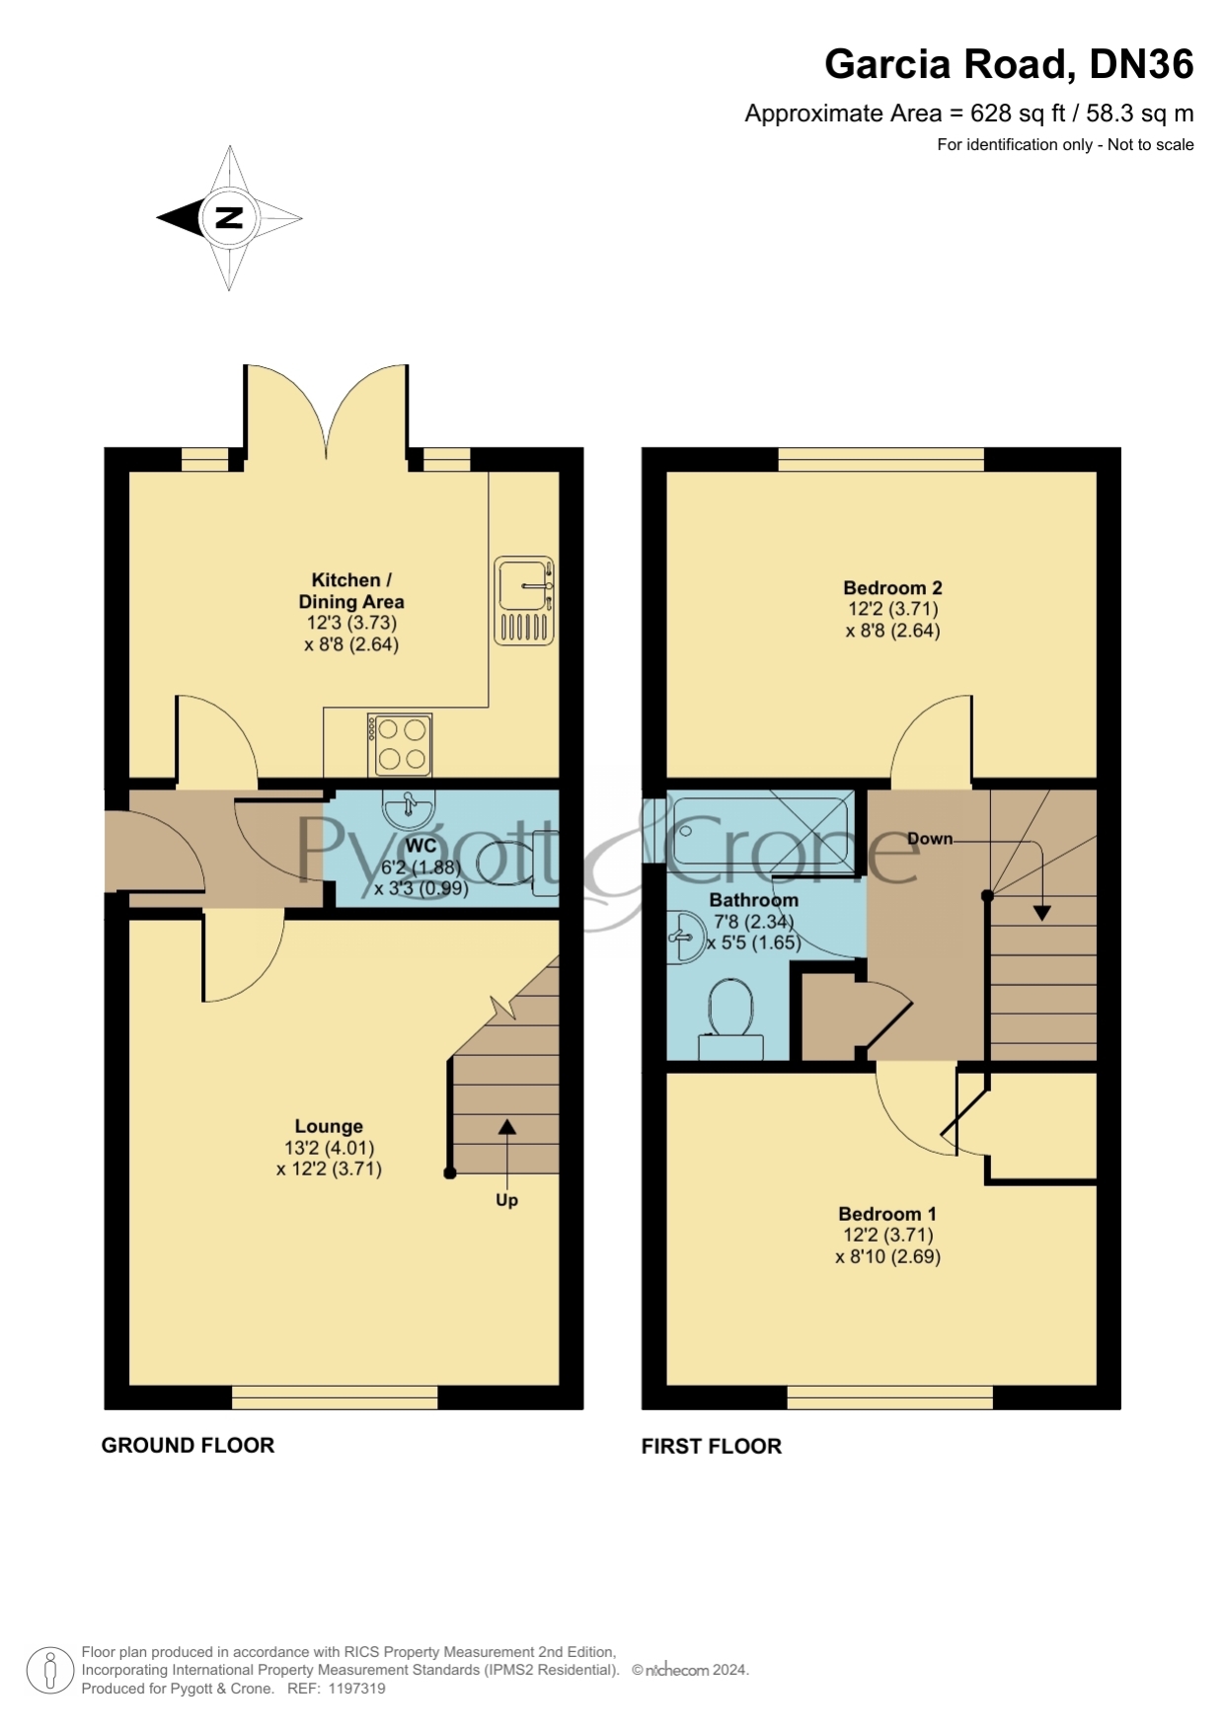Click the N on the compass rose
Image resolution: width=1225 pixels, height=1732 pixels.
tap(229, 218)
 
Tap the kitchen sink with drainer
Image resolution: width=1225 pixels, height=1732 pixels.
tap(523, 600)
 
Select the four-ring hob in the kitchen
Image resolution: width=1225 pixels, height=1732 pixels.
tap(400, 744)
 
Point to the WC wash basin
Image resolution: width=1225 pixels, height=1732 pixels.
tap(409, 808)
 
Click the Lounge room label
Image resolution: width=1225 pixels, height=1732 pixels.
tap(329, 1126)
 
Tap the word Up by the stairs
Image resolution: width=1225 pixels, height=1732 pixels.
tap(506, 1200)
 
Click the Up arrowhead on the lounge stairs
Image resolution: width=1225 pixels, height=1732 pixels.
tap(506, 1127)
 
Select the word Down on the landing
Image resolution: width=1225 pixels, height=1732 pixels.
tap(930, 839)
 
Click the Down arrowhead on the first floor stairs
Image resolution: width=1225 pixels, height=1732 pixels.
tap(1041, 914)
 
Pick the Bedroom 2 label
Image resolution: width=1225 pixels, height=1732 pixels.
tap(892, 588)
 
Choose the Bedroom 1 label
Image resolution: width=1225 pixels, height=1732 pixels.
tap(887, 1214)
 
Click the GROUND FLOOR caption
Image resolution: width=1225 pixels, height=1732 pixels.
tap(188, 1445)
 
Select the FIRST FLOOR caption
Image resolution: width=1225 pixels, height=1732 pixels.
tap(712, 1446)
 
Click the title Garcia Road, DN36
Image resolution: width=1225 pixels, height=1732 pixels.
tap(1009, 64)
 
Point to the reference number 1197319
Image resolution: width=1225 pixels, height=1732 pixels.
tap(356, 1689)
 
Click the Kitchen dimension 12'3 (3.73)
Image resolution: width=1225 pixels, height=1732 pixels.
tap(351, 623)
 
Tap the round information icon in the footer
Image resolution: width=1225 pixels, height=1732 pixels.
tap(49, 1671)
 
